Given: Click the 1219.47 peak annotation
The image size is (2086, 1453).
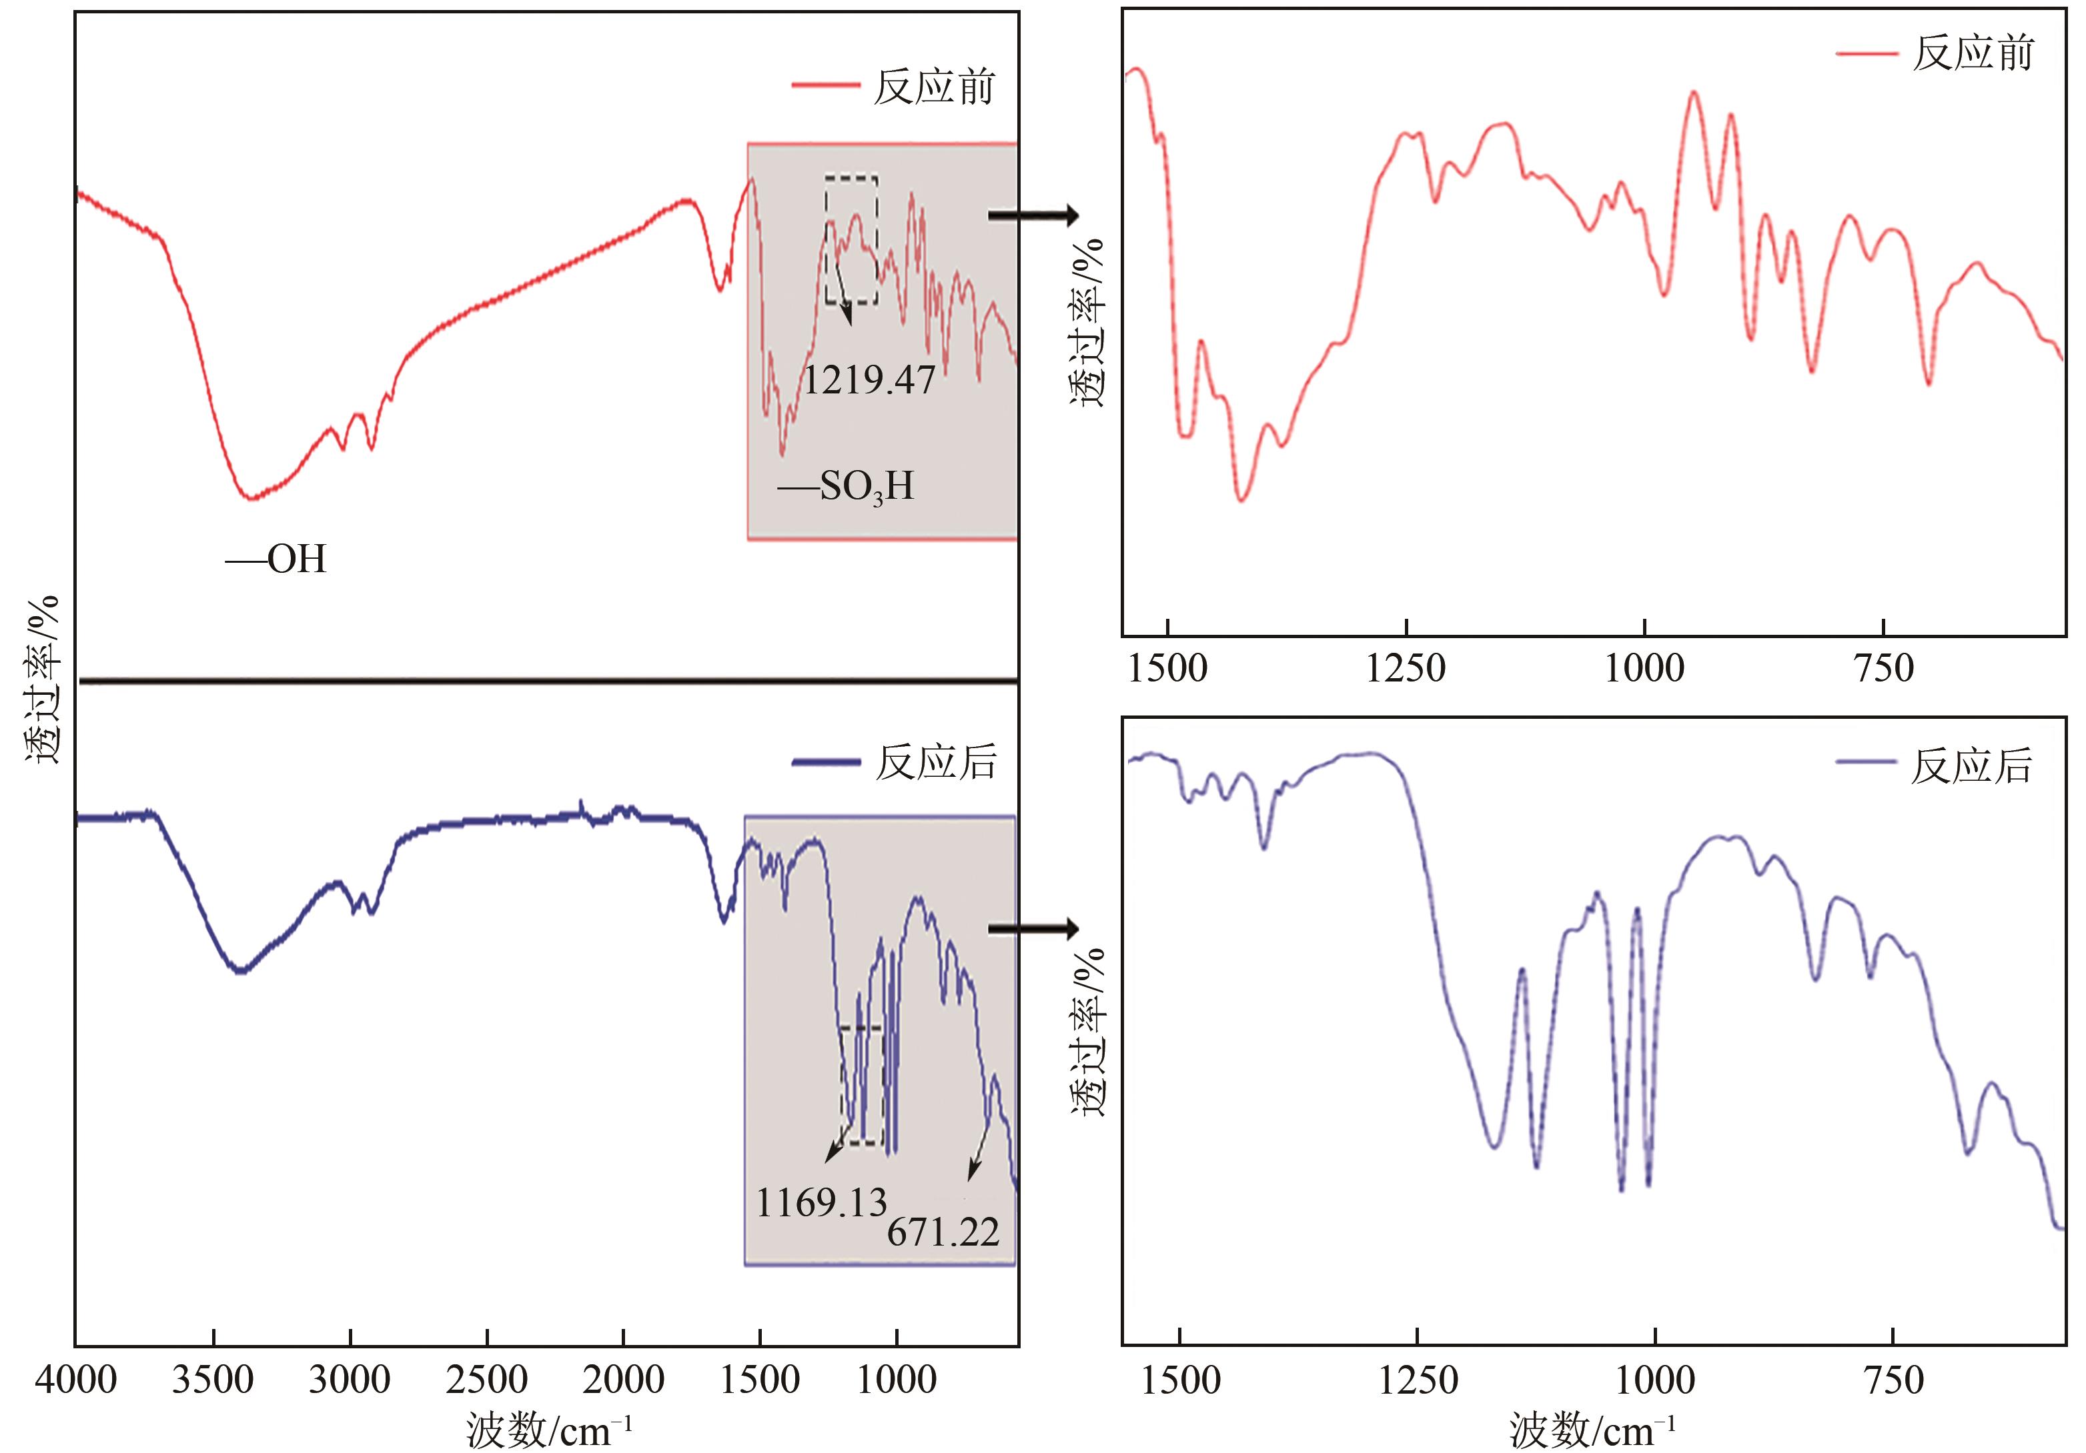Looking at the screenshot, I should [869, 379].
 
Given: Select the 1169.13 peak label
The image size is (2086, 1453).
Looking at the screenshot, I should [821, 1203].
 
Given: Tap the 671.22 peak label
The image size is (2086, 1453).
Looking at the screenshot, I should [943, 1232].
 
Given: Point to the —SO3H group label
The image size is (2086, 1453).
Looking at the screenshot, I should [846, 487].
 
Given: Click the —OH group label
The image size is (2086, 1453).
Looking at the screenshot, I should [276, 559].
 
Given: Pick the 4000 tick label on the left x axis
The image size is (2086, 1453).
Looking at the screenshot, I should [76, 1380].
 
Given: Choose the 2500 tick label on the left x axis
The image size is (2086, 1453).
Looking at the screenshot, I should [487, 1380].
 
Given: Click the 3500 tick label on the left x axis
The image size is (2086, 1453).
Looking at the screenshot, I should [213, 1380].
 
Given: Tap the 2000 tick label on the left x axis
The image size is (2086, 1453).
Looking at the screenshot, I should [623, 1380].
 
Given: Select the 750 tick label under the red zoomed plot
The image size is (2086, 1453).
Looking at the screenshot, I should [1883, 668].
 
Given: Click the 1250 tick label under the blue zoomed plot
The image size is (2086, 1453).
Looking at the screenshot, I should [1418, 1380].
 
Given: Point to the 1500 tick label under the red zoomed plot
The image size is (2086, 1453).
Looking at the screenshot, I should [1167, 668].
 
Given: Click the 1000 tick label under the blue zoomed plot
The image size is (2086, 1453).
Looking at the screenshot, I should [1655, 1380].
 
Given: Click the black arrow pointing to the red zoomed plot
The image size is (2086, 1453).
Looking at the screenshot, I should [1033, 215].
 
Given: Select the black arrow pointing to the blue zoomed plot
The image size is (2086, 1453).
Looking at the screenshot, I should [1033, 928].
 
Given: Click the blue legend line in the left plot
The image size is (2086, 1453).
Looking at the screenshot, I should [826, 762].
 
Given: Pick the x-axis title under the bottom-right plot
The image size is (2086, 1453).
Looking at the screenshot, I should [1592, 1431].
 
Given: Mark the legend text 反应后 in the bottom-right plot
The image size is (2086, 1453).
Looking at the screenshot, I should [1971, 766].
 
